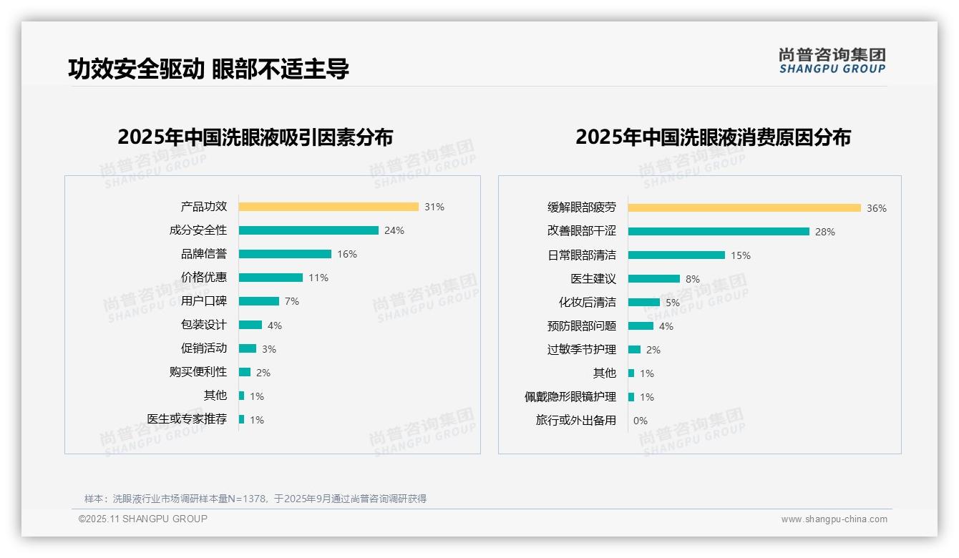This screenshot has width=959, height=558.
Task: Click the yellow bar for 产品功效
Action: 328,207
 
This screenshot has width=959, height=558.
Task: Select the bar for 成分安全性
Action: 308,230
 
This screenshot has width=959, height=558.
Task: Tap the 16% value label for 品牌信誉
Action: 347,254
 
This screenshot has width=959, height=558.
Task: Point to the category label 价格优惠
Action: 204,278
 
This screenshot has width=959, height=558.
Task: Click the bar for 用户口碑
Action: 259,301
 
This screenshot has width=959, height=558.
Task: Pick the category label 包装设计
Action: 204,325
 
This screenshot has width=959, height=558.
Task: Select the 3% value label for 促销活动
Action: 268,349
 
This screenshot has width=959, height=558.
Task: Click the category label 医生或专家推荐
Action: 187,419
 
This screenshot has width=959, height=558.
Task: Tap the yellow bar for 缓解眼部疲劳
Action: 744,208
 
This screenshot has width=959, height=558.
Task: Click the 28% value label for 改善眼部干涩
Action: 825,232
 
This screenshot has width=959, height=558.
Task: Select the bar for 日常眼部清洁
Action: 676,255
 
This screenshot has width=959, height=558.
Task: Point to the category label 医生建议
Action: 593,279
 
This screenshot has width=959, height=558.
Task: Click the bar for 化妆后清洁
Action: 644,303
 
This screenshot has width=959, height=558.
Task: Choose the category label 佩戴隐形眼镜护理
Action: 570,397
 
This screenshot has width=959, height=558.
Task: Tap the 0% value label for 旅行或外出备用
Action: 641,421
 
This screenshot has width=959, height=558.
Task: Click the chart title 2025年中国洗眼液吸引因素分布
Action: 255,137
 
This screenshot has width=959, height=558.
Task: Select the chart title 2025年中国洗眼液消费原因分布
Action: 713,137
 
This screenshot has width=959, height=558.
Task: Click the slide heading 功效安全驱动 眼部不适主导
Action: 208,69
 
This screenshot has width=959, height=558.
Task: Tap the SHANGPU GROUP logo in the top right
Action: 832,61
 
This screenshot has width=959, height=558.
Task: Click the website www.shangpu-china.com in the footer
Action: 834,519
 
